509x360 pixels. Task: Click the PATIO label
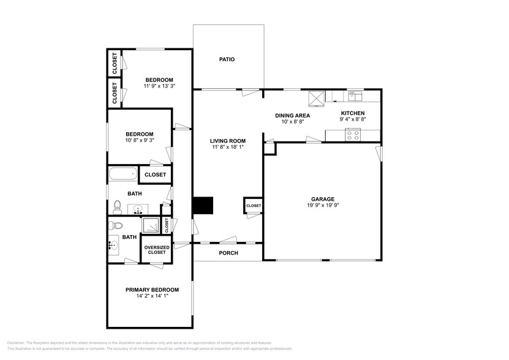click(227, 59)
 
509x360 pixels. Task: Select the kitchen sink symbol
click(355, 96)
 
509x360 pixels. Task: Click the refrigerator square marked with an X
click(317, 96)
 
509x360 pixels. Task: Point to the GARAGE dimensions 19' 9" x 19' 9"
click(322, 206)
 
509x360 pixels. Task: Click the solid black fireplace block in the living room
click(202, 206)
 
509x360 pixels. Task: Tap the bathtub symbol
click(123, 174)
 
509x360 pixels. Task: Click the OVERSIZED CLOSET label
click(157, 250)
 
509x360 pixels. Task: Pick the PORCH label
click(228, 253)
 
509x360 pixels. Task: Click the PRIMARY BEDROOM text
click(152, 290)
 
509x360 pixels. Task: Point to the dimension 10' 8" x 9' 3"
click(140, 140)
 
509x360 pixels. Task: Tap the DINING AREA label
click(292, 115)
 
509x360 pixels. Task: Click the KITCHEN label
click(353, 113)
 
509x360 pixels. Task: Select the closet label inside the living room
click(254, 206)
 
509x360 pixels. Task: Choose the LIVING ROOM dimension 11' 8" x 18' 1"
click(228, 148)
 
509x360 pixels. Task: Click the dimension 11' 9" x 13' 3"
click(159, 86)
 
